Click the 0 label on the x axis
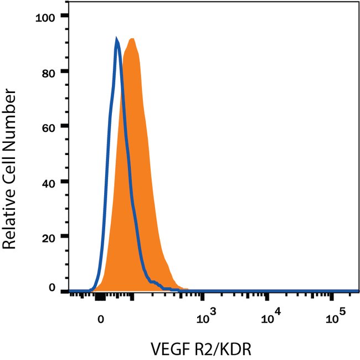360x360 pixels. [x=100, y=319]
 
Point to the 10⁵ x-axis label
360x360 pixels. [x=335, y=317]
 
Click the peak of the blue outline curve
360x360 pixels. [x=117, y=39]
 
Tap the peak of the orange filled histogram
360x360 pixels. [x=132, y=38]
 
